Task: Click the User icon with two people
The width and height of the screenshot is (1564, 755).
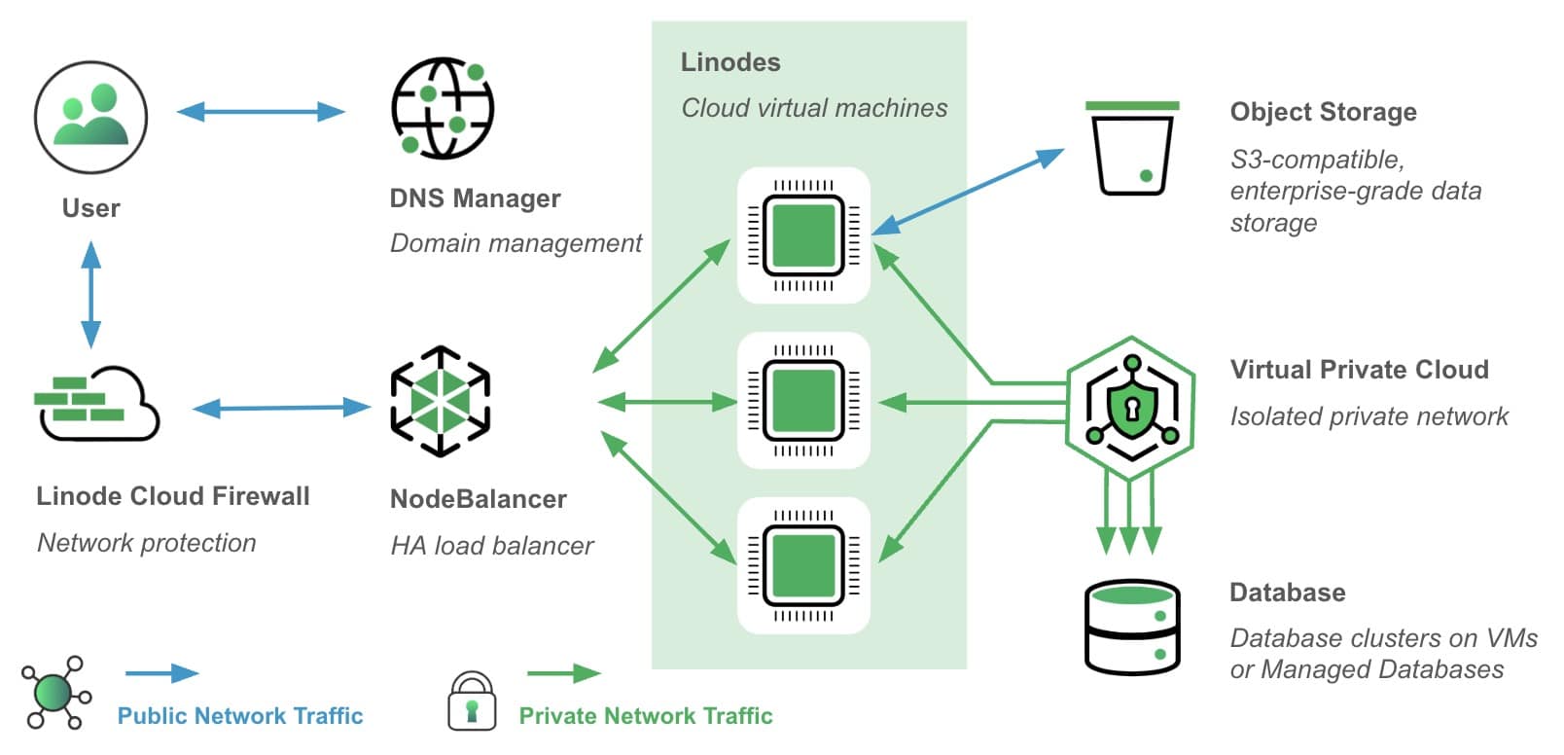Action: [x=90, y=117]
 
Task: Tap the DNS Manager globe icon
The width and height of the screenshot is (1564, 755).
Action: [x=442, y=108]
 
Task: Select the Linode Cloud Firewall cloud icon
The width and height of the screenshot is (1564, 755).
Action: [x=96, y=404]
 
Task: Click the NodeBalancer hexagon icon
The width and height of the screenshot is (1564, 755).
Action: [x=440, y=401]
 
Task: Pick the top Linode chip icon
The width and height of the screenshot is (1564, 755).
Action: [x=802, y=235]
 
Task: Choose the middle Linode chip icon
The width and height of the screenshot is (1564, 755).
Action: [x=802, y=401]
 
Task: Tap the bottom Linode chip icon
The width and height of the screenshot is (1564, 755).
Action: [x=802, y=565]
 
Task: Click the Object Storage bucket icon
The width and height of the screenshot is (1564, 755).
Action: [x=1131, y=148]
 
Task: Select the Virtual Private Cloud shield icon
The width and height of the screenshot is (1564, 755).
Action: [x=1130, y=408]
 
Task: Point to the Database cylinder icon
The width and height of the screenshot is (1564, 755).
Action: [x=1131, y=627]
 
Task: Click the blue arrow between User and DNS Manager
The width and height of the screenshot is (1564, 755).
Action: [x=261, y=112]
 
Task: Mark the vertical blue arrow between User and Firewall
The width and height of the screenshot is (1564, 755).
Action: [x=91, y=295]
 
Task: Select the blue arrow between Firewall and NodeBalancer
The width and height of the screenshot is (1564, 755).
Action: [x=281, y=408]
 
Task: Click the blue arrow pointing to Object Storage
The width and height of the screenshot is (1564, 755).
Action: [x=968, y=192]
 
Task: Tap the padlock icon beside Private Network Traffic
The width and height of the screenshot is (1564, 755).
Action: [x=472, y=701]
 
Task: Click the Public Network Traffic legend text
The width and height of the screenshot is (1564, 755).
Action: [x=239, y=716]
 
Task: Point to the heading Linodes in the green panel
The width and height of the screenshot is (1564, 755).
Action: [x=730, y=62]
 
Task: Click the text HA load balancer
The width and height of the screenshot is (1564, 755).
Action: [x=491, y=546]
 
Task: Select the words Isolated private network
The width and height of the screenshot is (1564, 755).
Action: [x=1368, y=416]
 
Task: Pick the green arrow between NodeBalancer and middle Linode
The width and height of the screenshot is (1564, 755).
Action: [x=667, y=401]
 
